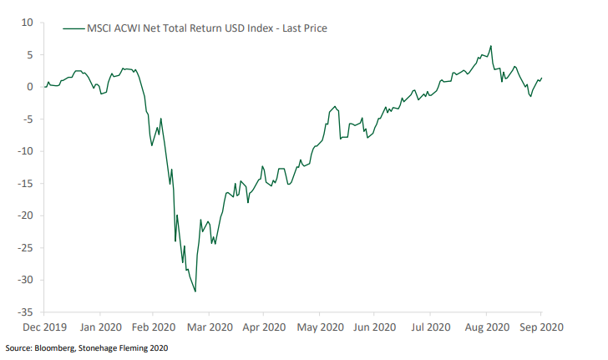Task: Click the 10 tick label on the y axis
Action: pos(27,23)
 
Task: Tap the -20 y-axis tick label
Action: pos(24,215)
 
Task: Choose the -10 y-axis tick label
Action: pos(24,151)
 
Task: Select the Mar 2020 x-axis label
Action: pos(209,328)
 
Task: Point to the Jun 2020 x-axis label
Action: pos(375,328)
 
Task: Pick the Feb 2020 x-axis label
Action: pos(154,328)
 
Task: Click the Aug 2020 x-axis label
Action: pos(486,328)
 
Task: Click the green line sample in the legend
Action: pos(73,28)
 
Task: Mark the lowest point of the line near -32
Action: pos(195,292)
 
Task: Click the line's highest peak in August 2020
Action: pos(490,46)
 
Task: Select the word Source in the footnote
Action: pos(18,347)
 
